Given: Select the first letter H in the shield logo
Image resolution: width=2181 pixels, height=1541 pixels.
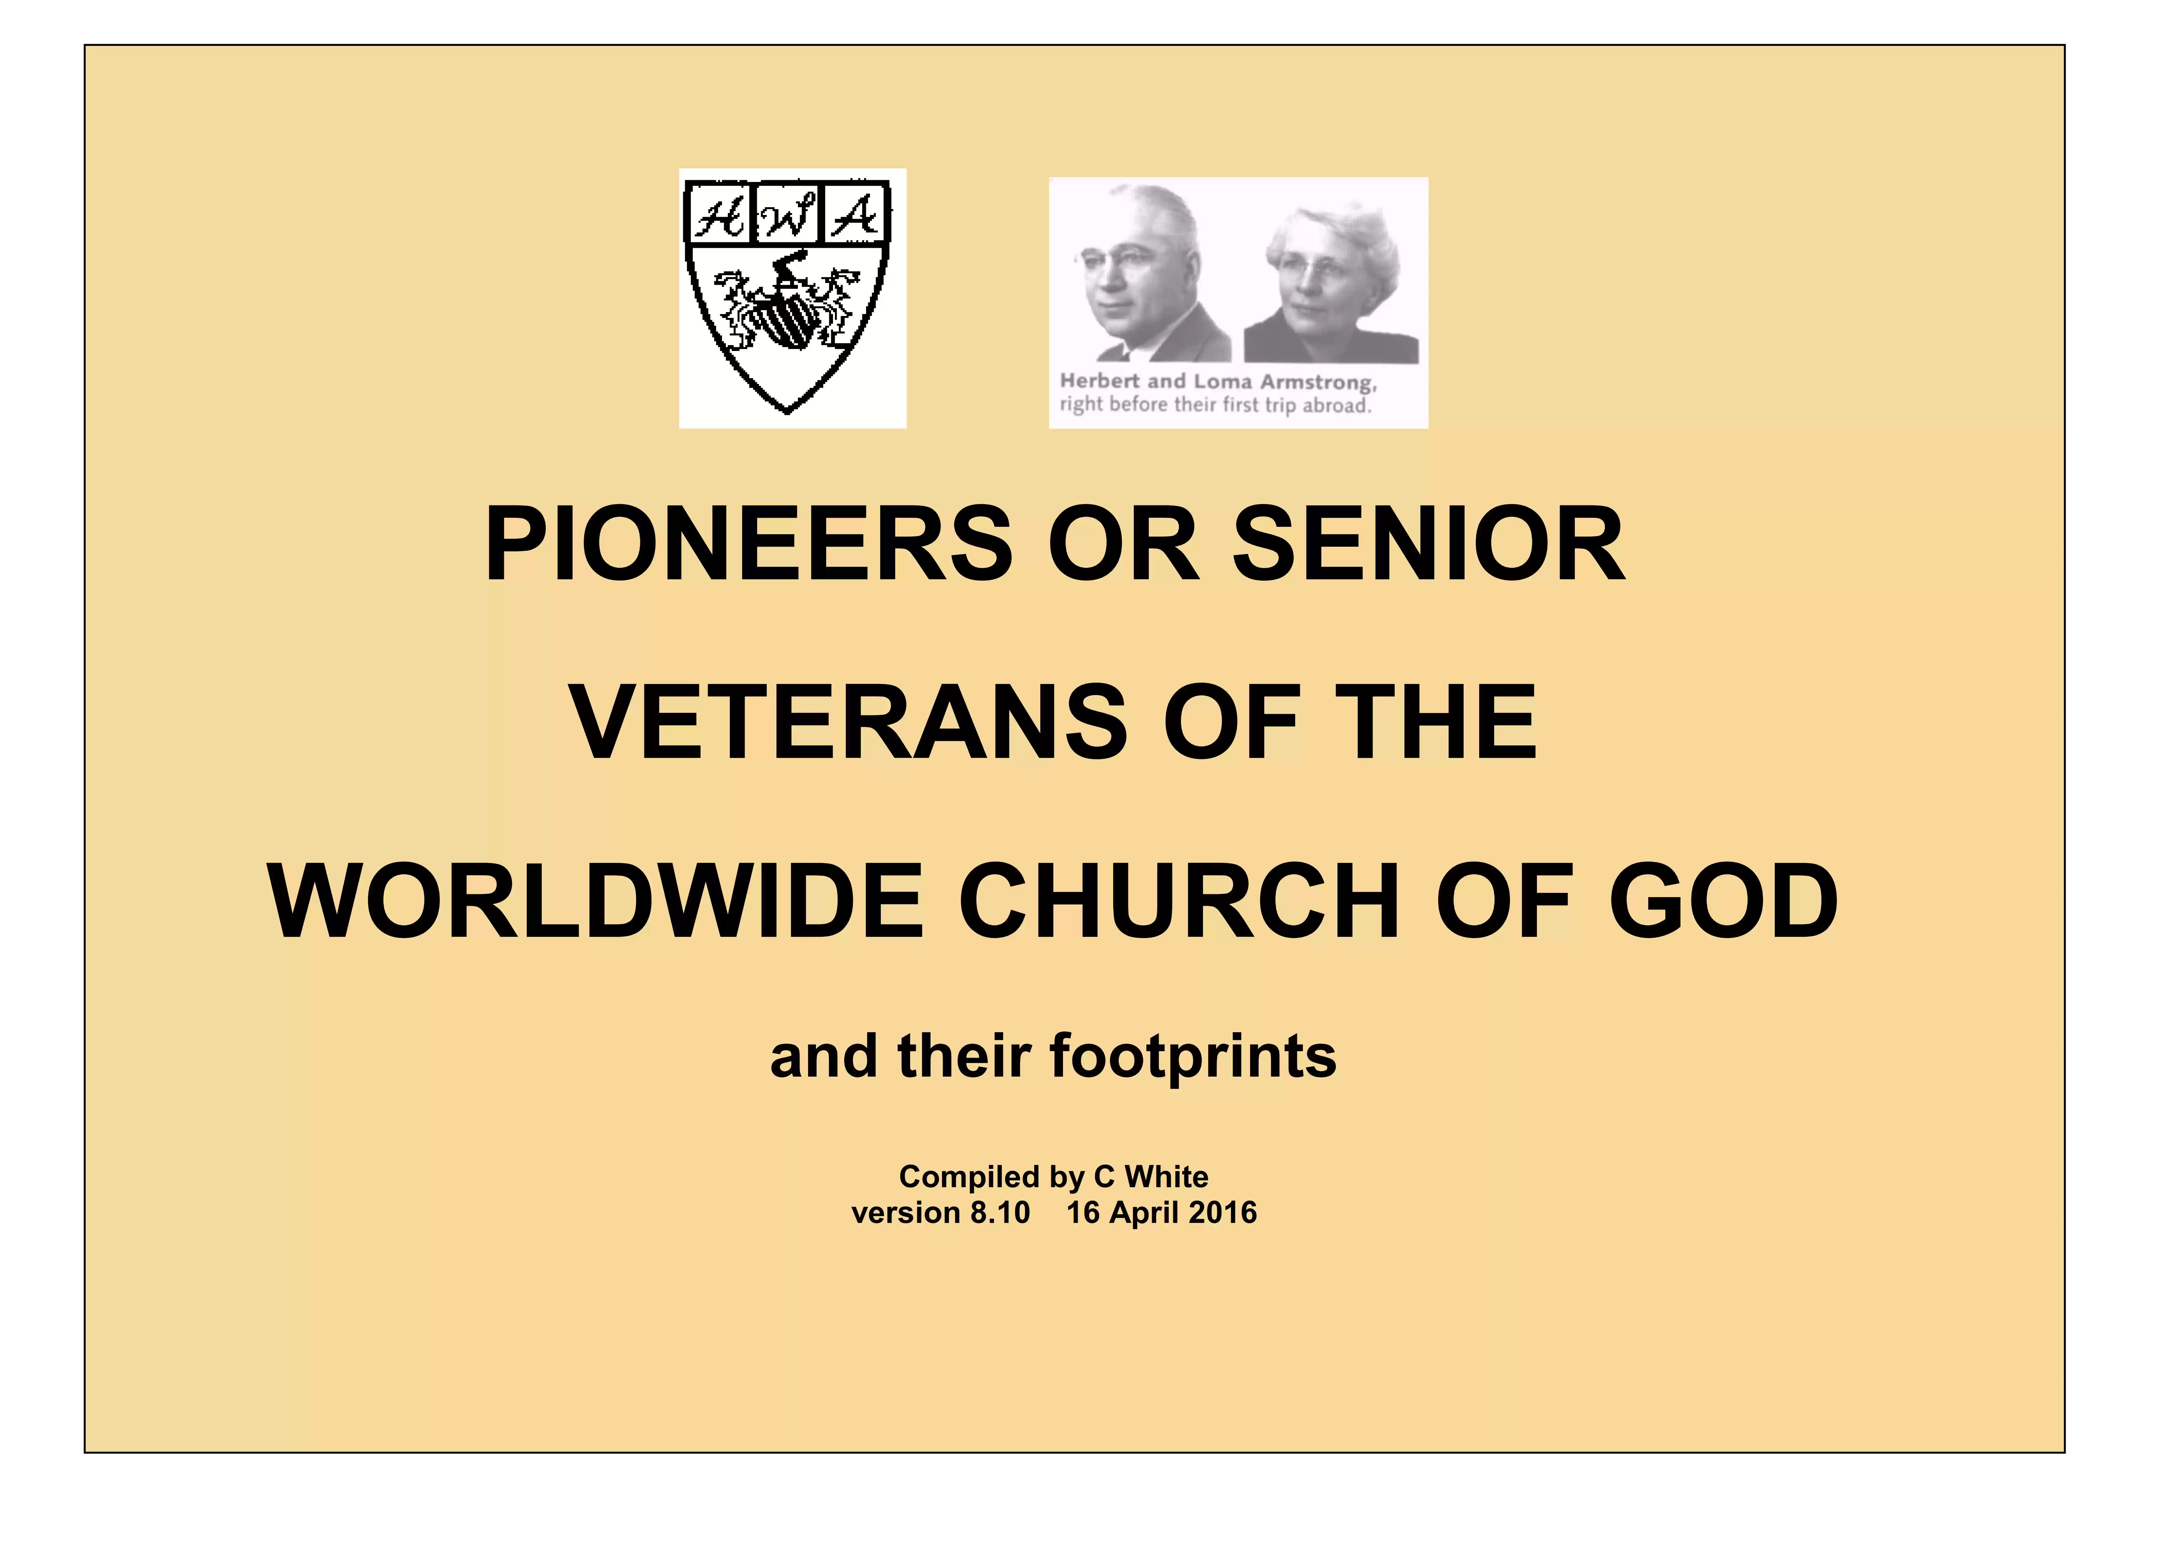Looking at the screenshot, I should pyautogui.click(x=719, y=217).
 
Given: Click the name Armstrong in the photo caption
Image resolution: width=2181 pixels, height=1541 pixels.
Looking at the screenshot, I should pyautogui.click(x=1317, y=383).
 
